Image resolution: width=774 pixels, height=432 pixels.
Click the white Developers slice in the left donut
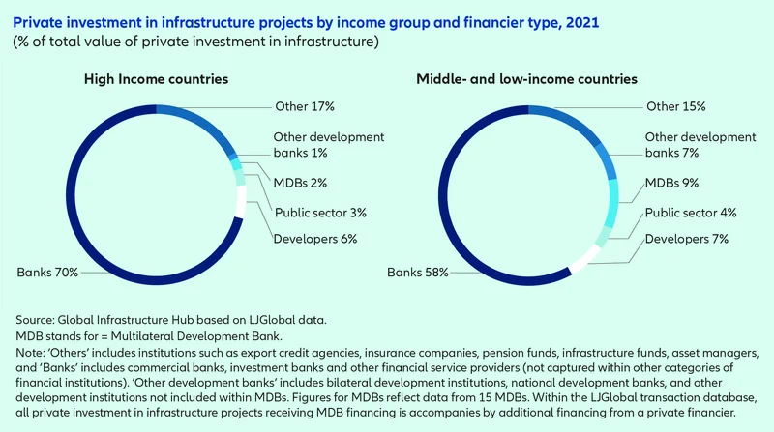[x=240, y=206]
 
